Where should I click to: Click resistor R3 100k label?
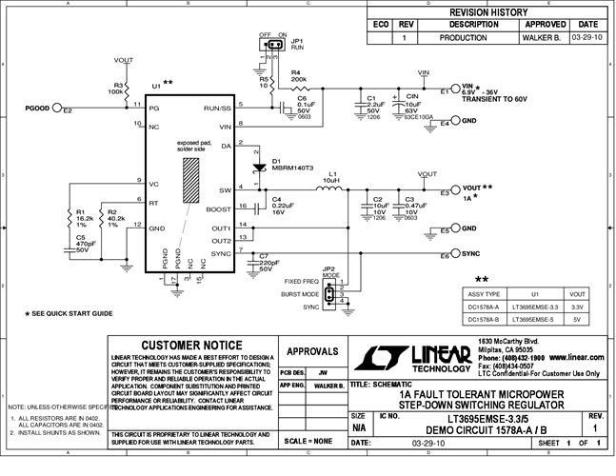(114, 89)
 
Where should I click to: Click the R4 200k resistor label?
(296, 74)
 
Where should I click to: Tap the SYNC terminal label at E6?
(472, 255)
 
